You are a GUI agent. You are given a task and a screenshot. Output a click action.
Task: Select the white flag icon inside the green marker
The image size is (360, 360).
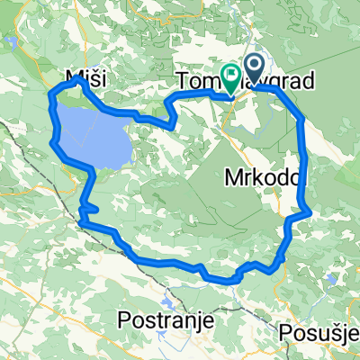[x=231, y=75]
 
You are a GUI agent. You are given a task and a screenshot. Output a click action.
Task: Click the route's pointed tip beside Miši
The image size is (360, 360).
[x=80, y=78]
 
